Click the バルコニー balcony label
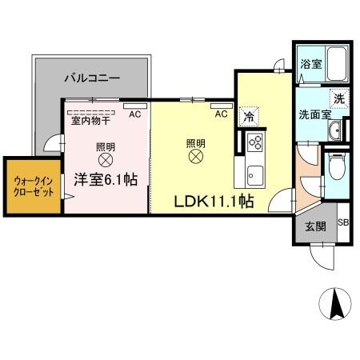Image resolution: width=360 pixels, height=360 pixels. tap(92, 78)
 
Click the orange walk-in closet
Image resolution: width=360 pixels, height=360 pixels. tap(33, 186)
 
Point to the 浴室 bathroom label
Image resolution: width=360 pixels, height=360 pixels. tap(310, 64)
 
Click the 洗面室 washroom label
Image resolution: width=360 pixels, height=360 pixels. tap(314, 114)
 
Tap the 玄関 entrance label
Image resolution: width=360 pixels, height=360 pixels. tap(314, 226)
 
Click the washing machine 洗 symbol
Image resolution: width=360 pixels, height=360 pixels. tap(338, 99)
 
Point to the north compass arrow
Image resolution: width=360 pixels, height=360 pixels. tap(336, 305)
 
